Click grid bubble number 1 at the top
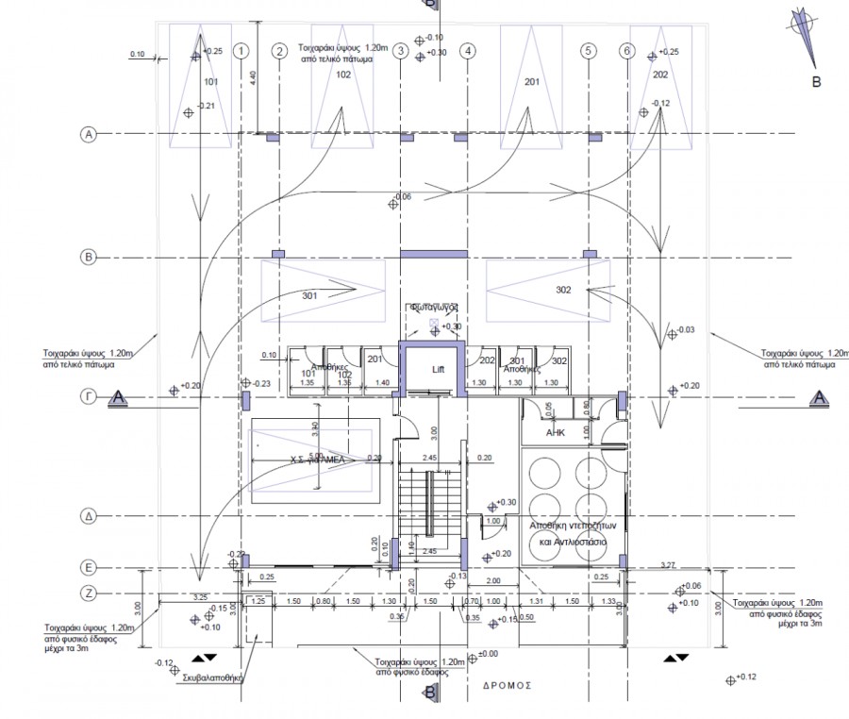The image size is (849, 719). (x=242, y=51)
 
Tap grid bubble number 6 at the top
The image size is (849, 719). (x=626, y=51)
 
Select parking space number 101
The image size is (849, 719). (x=210, y=82)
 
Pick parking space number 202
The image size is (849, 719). (x=660, y=74)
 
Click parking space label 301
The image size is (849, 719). (x=310, y=295)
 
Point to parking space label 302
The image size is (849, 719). (x=563, y=290)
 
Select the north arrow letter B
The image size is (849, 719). (x=816, y=82)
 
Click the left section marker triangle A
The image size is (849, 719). (x=118, y=398)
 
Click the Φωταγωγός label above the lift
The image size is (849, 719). (x=433, y=307)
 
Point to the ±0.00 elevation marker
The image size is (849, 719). (x=488, y=654)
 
